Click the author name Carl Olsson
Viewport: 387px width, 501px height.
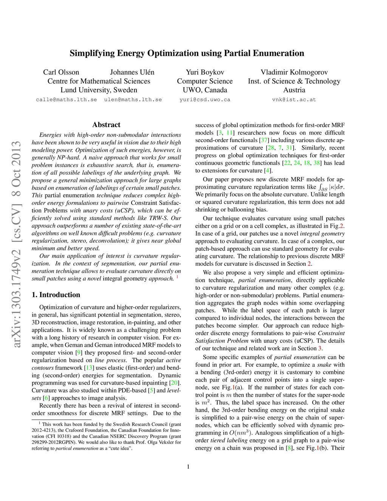[x=61, y=72]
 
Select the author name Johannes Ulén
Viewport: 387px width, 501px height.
[x=132, y=72]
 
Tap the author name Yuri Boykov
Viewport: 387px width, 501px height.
[x=205, y=72]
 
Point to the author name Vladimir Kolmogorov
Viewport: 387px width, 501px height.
[x=294, y=72]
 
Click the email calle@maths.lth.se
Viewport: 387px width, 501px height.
[x=66, y=100]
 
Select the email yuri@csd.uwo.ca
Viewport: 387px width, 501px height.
[x=205, y=100]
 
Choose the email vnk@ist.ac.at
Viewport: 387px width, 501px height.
[x=294, y=100]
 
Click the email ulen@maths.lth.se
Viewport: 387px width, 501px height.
[x=133, y=100]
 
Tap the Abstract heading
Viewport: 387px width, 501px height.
[x=106, y=125]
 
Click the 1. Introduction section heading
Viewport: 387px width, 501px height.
[x=56, y=295]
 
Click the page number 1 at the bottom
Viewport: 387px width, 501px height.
[x=188, y=467]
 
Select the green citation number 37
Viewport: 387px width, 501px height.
[x=264, y=140]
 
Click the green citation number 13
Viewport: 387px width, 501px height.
[x=89, y=368]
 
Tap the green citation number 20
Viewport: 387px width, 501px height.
[x=174, y=383]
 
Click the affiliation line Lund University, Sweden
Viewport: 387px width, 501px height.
[x=99, y=90]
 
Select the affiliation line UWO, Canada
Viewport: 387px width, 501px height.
[x=205, y=90]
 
